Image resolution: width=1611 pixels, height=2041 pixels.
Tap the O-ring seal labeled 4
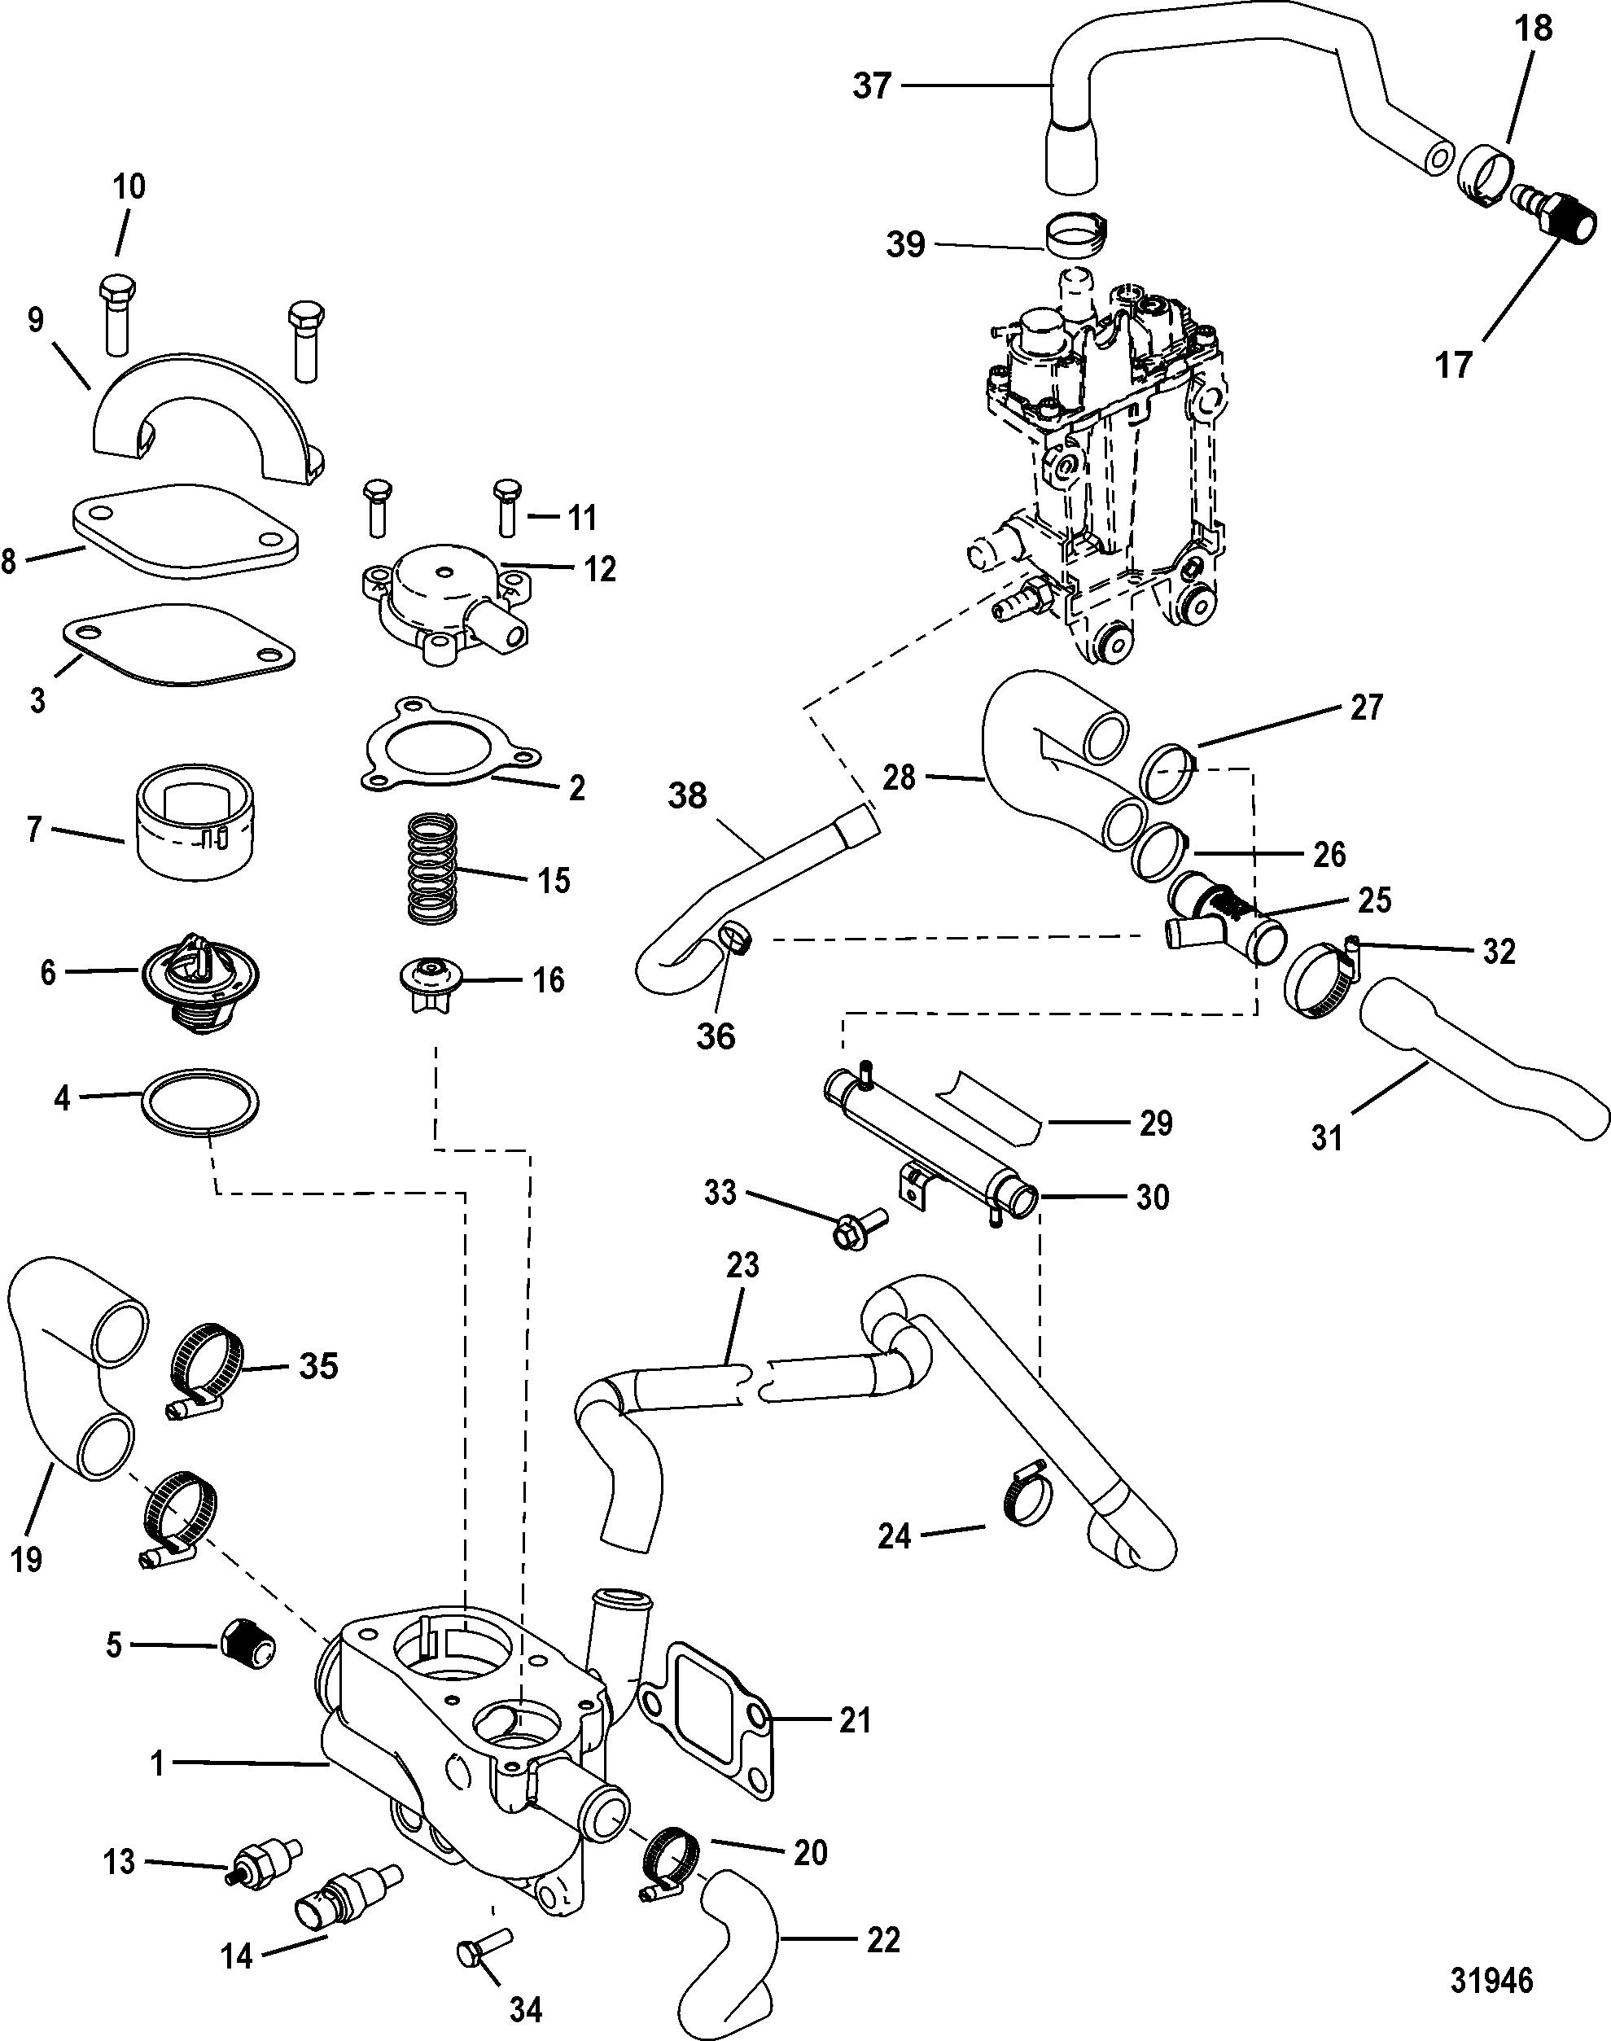click(x=200, y=1102)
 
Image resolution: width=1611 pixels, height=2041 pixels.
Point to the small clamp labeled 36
click(x=737, y=939)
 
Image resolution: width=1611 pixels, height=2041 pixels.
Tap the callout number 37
click(x=872, y=85)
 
